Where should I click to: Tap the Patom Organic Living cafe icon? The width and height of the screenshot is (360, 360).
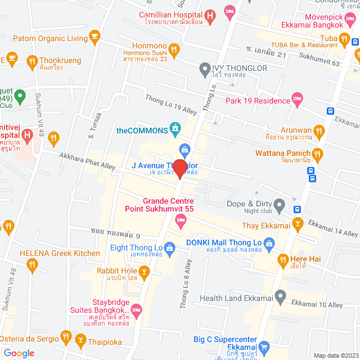94,38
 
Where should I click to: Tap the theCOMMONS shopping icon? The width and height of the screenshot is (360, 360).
176,129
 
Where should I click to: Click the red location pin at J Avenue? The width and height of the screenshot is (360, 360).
179,168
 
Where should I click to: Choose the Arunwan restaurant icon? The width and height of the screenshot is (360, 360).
319,132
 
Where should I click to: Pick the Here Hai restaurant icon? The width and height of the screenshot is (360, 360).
283,259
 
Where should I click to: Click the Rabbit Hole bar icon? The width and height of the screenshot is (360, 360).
145,273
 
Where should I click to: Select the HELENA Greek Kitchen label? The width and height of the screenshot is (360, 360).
60,253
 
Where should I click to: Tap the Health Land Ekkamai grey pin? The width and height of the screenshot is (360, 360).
281,298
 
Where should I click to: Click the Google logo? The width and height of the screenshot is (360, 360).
19,353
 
